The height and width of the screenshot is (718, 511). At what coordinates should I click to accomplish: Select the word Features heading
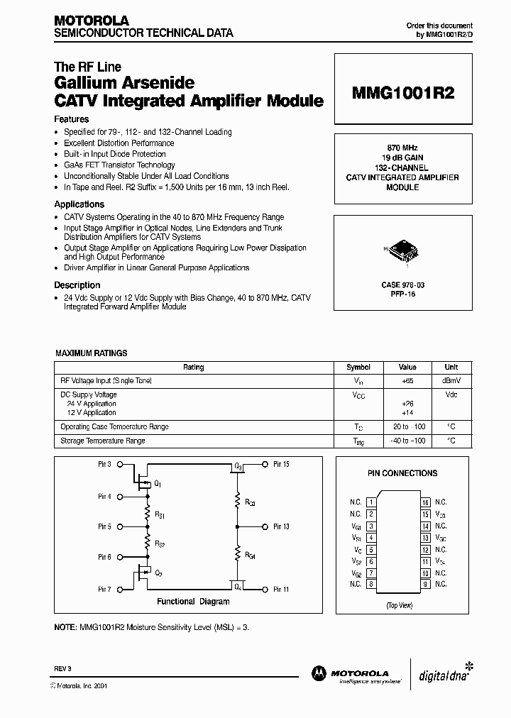click(x=72, y=119)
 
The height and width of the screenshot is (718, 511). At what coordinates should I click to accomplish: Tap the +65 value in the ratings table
click(x=407, y=381)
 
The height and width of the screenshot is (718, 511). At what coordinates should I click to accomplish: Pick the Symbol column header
click(x=358, y=368)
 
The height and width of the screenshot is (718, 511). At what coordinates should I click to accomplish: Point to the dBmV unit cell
click(x=451, y=381)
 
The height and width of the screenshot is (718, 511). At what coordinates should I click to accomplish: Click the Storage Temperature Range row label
click(x=104, y=441)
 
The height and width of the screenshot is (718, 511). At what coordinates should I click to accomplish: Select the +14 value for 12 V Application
click(x=407, y=412)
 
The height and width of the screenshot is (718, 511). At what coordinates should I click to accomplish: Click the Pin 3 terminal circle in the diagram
click(x=121, y=464)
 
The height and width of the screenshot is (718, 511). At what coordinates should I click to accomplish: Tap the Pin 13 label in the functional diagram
click(x=281, y=527)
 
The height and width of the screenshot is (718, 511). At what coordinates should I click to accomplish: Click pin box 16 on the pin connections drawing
click(x=426, y=502)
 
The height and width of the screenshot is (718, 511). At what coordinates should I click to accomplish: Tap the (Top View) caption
click(x=400, y=605)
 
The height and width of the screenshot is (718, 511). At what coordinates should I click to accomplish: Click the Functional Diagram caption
click(x=192, y=602)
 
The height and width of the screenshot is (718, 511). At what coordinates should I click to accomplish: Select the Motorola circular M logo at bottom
click(x=317, y=672)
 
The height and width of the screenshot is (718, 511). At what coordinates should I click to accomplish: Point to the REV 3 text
click(x=62, y=669)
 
